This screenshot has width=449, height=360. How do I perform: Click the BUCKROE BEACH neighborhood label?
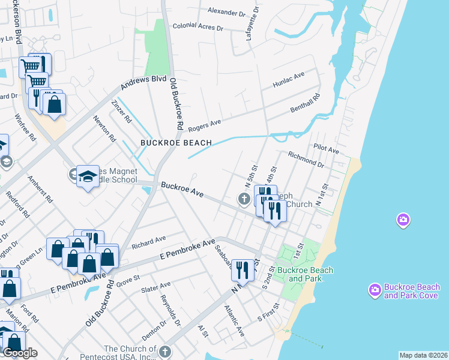pos(176,143)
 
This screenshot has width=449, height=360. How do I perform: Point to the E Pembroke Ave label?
pos(187,250)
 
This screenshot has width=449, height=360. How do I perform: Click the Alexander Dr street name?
pos(227,11)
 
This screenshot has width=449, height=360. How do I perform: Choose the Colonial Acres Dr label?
pos(197,27)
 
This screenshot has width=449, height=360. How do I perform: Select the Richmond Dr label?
pos(306,158)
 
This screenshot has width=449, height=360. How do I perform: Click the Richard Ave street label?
pos(148,242)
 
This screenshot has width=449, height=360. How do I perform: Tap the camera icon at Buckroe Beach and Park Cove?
pos(375,290)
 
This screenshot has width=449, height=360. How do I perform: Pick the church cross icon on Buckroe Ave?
pos(244,199)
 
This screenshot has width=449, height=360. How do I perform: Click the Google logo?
pos(20,353)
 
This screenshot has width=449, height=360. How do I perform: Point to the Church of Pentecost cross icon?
pos(165,351)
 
